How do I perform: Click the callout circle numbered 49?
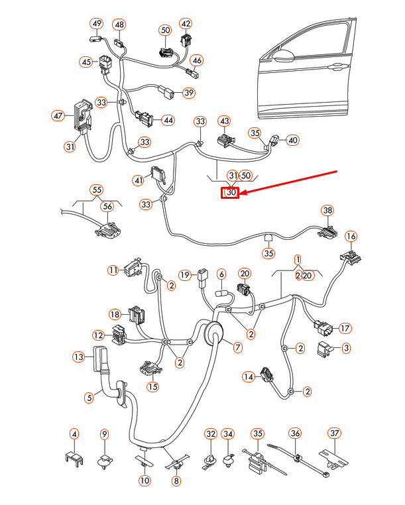[x=97, y=25]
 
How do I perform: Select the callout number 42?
[x=186, y=25]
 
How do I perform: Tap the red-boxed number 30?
[x=231, y=193]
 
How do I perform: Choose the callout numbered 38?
[x=327, y=211]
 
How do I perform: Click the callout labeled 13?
[x=79, y=357]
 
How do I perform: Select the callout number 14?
[x=248, y=377]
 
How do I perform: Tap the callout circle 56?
[x=108, y=206]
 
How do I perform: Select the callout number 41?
[x=139, y=180]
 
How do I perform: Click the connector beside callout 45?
[x=106, y=65]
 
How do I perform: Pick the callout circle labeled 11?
[x=113, y=270]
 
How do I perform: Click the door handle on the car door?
[x=339, y=66]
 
